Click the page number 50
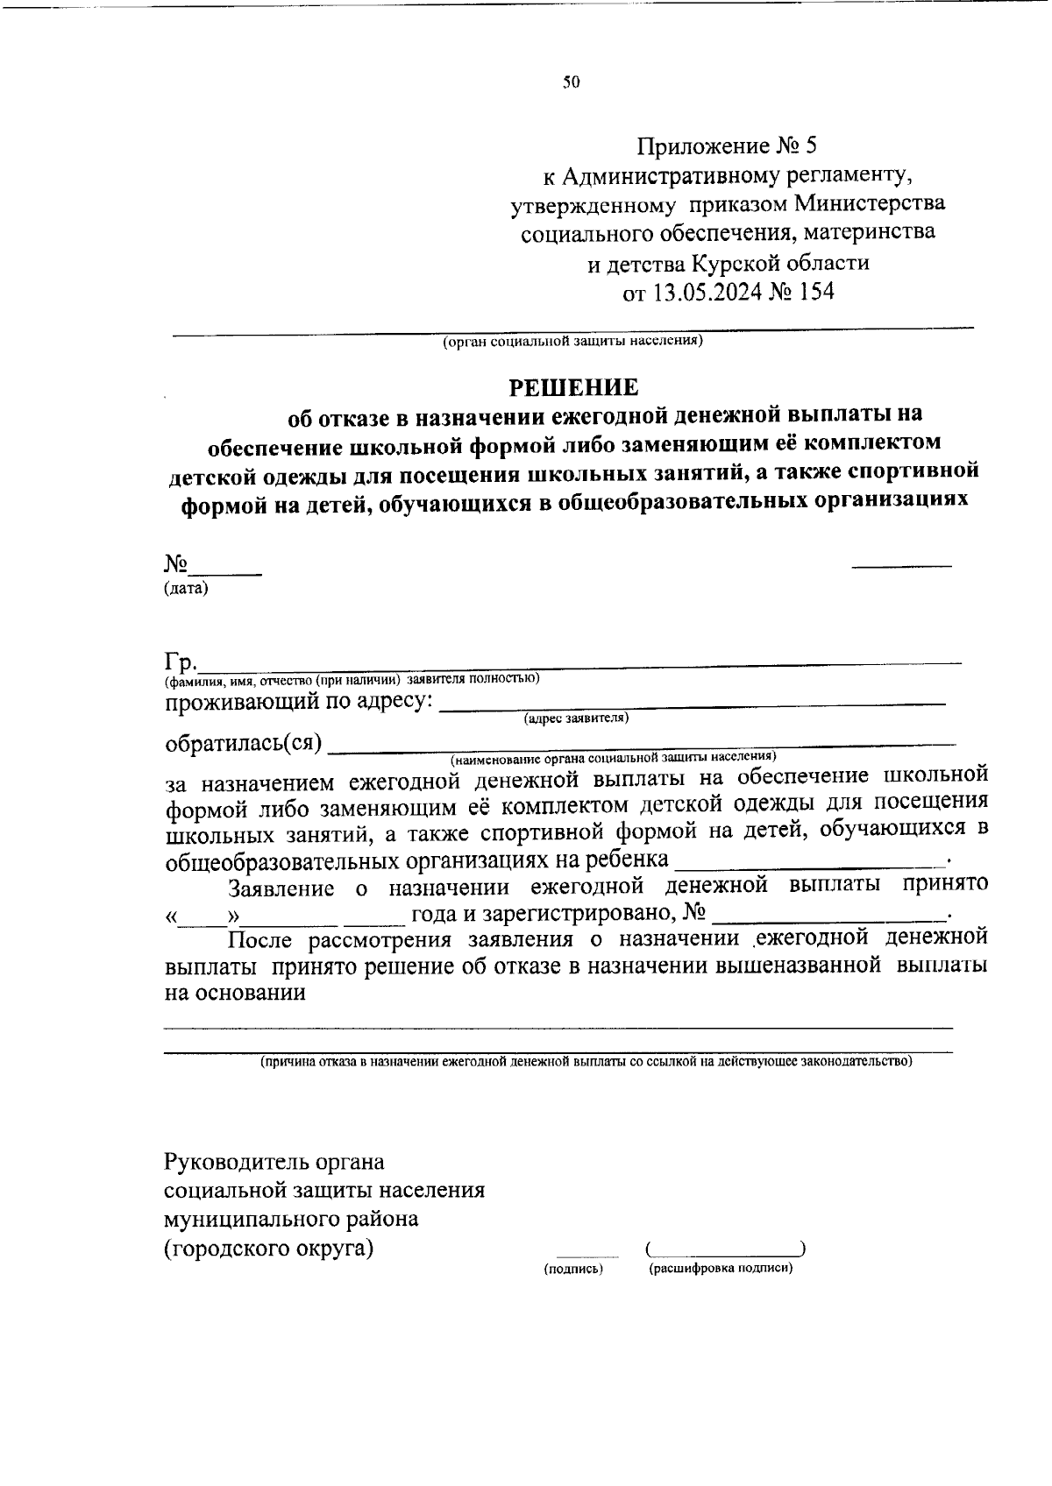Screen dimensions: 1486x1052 point(572,83)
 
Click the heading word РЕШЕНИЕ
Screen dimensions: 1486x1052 point(574,386)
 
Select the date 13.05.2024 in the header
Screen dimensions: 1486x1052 point(707,292)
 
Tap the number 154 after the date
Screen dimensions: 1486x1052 point(814,292)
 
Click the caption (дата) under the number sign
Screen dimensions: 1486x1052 point(186,589)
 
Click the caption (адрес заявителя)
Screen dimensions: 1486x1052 point(576,718)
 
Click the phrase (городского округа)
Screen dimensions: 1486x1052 point(269,1248)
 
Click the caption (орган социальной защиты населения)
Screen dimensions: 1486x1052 point(572,341)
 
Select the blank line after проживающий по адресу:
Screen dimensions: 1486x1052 point(692,703)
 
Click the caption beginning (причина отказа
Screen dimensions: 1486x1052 point(586,1061)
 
